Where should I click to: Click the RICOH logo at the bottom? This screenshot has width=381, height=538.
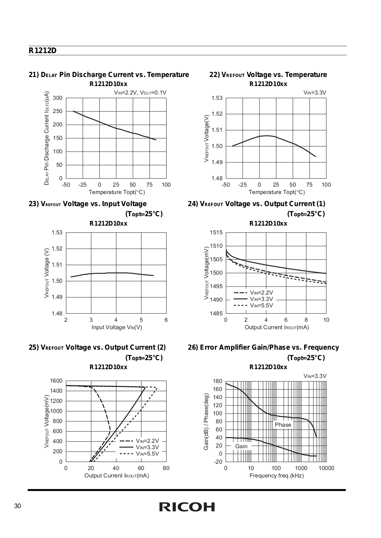[x=187, y=507]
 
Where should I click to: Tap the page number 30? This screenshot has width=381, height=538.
[x=18, y=506]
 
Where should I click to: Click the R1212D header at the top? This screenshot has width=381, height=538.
[x=42, y=51]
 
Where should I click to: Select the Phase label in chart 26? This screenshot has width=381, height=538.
[x=283, y=425]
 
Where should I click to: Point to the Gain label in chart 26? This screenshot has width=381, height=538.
[x=241, y=446]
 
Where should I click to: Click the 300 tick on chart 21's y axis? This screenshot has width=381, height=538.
[x=58, y=98]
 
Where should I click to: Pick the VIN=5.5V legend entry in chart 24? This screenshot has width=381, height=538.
[x=253, y=306]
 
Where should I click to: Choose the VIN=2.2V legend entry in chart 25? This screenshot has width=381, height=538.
[x=139, y=441]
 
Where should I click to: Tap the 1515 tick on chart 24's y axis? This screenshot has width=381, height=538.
[x=216, y=232]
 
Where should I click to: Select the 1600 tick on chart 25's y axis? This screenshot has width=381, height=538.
[x=56, y=381]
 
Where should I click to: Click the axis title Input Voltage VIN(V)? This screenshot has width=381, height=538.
[x=117, y=328]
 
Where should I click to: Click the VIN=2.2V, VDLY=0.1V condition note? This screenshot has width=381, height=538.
[x=140, y=93]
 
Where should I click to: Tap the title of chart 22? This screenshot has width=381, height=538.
[x=268, y=75]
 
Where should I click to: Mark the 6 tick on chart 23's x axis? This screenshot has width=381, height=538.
[x=166, y=320]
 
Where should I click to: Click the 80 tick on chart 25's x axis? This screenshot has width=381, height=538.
[x=166, y=468]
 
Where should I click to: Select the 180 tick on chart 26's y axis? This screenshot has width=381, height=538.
[x=218, y=381]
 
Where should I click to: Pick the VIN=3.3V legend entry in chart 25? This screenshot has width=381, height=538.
[x=139, y=447]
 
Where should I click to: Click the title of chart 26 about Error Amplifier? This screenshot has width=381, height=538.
[x=264, y=348]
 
